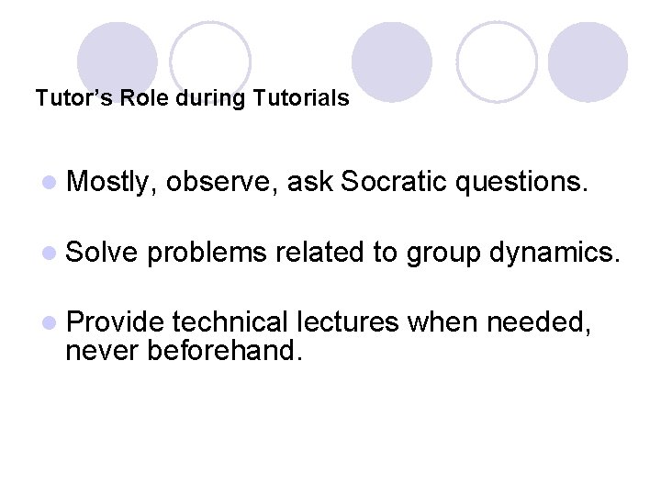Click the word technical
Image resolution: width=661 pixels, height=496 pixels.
228,321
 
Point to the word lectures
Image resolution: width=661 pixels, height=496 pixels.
346,321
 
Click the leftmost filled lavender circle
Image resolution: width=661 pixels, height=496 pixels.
117,61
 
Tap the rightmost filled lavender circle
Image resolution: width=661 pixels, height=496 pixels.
588,61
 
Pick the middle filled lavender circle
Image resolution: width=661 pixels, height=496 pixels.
391,61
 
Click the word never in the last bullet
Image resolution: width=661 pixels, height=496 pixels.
103,349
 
